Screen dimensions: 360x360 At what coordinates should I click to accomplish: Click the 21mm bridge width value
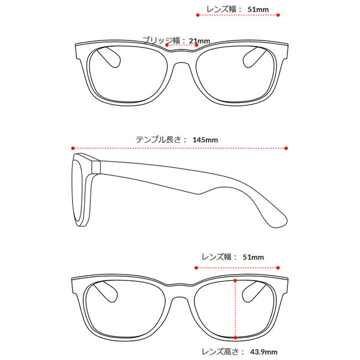(x=199, y=41)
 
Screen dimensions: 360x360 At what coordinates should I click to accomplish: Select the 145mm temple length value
(x=205, y=140)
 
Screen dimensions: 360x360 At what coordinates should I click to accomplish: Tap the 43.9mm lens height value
(x=264, y=351)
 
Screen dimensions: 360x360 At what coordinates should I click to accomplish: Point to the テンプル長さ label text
(x=161, y=140)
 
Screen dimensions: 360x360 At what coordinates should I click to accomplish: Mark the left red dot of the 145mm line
(x=73, y=148)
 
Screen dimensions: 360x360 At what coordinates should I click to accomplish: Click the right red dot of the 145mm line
(x=286, y=148)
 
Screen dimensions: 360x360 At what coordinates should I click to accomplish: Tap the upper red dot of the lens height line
(x=235, y=281)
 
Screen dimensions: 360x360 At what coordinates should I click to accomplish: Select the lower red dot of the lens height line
(x=235, y=337)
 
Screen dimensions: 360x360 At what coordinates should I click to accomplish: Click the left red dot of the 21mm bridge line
(x=167, y=45)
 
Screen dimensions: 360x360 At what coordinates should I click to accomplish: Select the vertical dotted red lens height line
(x=235, y=308)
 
